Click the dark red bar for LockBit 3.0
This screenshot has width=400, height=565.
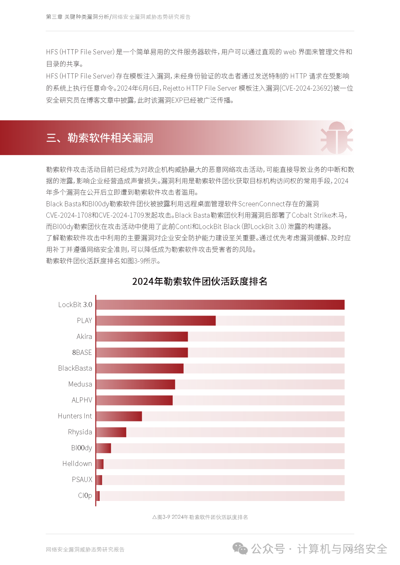[x=220, y=305]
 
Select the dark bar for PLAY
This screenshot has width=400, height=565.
[x=156, y=320]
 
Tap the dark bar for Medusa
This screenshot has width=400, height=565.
[x=136, y=384]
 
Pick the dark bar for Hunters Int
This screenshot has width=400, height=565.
[x=119, y=416]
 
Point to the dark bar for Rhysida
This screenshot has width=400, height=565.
[x=111, y=432]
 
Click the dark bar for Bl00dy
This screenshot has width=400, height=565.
[x=104, y=448]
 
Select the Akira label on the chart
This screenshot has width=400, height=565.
[x=84, y=336]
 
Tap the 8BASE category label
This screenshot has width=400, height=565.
[x=82, y=352]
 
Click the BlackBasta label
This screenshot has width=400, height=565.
[x=75, y=368]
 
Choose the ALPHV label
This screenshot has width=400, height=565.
[x=82, y=400]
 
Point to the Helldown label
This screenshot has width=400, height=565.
[x=77, y=464]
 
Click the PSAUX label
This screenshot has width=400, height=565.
[x=82, y=480]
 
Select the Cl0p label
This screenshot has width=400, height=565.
[x=85, y=495]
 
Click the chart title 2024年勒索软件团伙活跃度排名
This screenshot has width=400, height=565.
[x=200, y=281]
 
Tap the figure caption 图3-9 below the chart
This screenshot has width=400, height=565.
[x=200, y=517]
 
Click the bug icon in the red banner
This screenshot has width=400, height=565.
[x=336, y=138]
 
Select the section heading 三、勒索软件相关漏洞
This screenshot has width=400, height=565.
[x=100, y=138]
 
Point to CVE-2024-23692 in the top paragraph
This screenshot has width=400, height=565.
[x=306, y=88]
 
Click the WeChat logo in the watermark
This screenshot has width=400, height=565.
[x=240, y=548]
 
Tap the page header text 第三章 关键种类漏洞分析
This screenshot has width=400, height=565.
[x=77, y=17]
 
